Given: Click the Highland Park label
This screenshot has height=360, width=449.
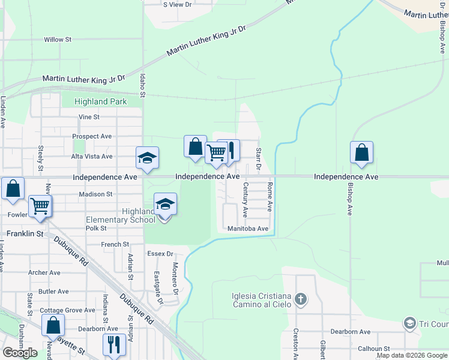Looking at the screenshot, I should click(100, 101).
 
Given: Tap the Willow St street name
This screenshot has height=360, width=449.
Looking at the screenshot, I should click(58, 40).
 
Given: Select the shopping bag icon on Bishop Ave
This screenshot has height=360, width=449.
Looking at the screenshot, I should click(362, 153).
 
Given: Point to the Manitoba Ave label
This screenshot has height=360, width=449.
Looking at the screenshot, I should click(248, 229).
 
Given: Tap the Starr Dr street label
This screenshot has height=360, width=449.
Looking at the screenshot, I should click(259, 159).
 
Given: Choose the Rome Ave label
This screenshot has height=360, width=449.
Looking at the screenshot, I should click(270, 197).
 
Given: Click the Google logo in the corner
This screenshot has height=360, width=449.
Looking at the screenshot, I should click(20, 353).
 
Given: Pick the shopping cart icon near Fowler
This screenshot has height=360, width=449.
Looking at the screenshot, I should click(40, 205).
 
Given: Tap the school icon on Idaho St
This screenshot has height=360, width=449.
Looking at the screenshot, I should click(147, 158).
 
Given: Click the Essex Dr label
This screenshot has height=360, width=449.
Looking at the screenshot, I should click(160, 254).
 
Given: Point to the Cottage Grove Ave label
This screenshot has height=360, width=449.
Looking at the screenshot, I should click(67, 310).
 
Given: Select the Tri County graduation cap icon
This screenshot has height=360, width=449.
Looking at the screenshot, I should click(410, 323).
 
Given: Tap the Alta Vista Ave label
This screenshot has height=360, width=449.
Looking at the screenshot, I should click(92, 156).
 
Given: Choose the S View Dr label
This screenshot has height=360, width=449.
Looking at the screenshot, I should click(177, 4).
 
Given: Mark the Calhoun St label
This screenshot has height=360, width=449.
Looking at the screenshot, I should click(374, 349).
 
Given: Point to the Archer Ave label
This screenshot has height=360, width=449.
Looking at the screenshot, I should click(44, 272).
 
